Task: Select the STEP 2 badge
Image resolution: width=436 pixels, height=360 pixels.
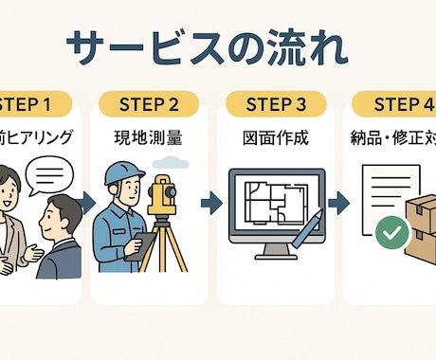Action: pos(149,104)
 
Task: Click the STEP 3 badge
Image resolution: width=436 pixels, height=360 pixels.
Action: pos(271,104)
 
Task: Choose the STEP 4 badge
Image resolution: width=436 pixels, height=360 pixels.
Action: pos(393,104)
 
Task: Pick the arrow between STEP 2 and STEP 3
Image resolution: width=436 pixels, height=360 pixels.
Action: pos(211,204)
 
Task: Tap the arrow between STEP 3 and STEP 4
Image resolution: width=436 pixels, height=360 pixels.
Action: pos(336,204)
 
